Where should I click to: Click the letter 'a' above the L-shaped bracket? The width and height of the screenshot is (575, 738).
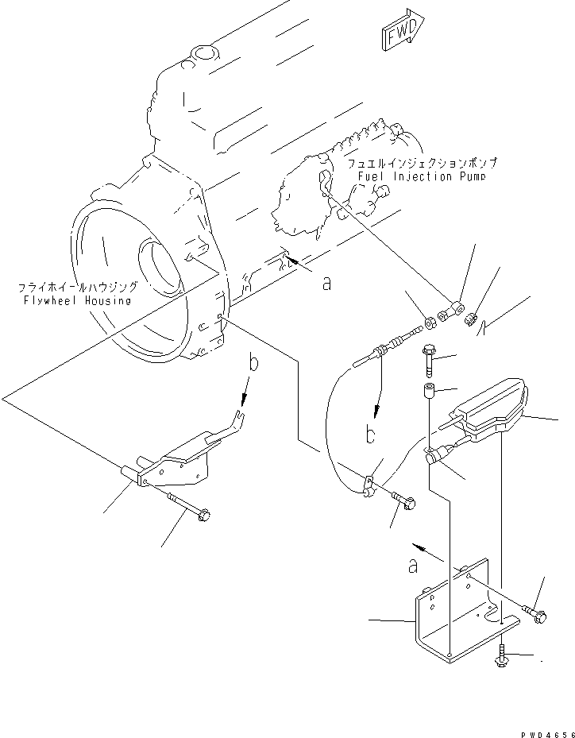[x=412, y=565]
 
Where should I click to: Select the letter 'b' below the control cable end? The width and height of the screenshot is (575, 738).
[x=370, y=435]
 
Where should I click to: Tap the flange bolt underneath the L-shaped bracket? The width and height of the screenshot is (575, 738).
[x=503, y=655]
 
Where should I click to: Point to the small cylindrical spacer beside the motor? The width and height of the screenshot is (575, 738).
[x=429, y=392]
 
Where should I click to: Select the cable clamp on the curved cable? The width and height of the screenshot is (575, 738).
[x=369, y=485]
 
